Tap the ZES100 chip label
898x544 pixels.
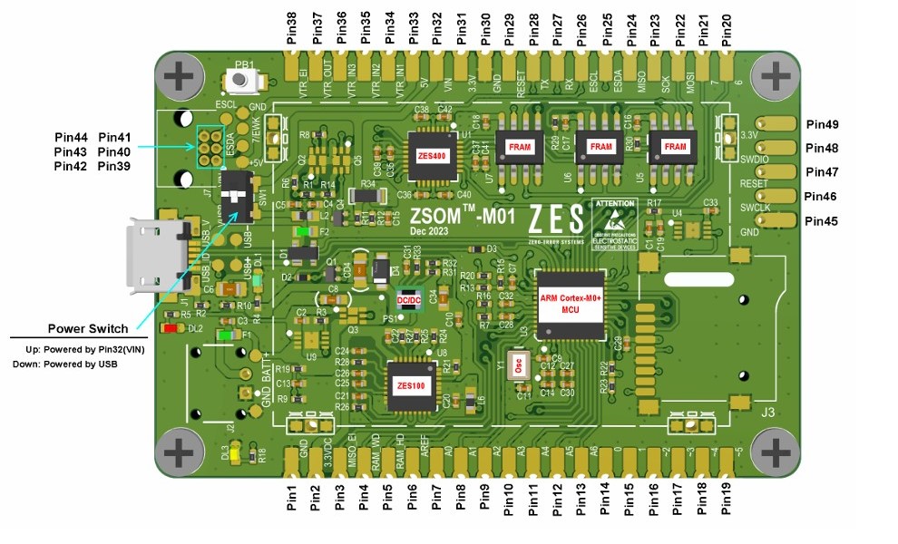[410, 384]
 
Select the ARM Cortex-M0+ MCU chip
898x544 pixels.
[571, 306]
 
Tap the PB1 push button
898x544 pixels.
[242, 81]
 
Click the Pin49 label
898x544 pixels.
[821, 124]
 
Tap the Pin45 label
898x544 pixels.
[821, 221]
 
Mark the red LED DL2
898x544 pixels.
[170, 328]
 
